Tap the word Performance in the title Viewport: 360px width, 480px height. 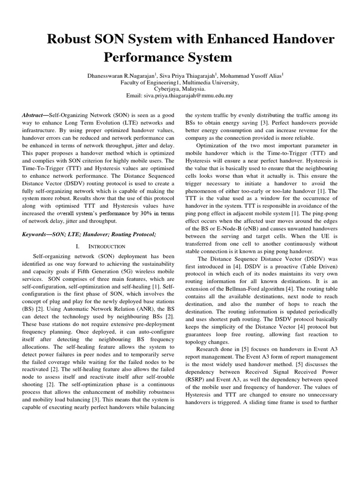tap(141, 58)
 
